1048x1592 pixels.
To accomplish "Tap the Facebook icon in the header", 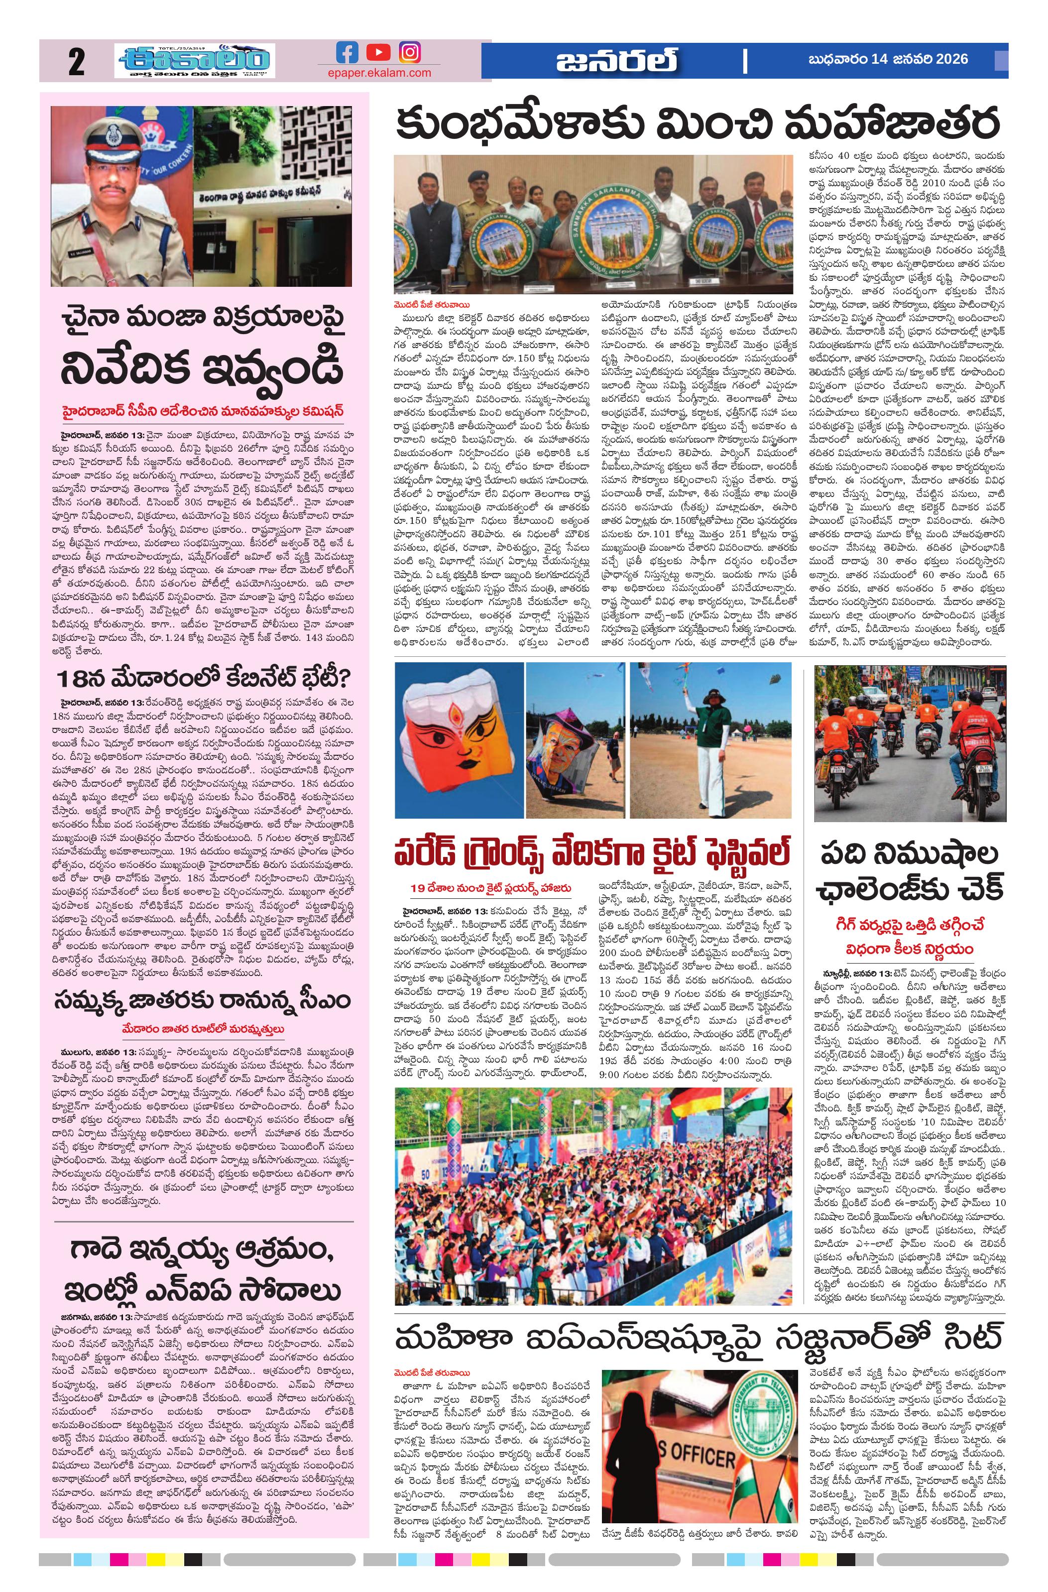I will pyautogui.click(x=347, y=52).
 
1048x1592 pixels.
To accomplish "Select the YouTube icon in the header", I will pyautogui.click(x=378, y=52).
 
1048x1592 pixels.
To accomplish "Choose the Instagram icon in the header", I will pyautogui.click(x=410, y=52).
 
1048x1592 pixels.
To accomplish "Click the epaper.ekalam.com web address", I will pyautogui.click(x=379, y=73).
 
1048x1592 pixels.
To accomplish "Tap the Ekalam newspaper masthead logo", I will pyautogui.click(x=194, y=62).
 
